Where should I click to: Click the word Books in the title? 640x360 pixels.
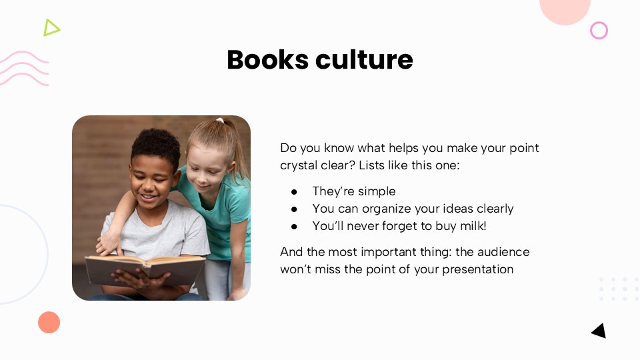pos(267,60)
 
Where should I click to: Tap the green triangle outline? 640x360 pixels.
pos(51,27)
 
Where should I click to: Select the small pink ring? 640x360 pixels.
pos(599,30)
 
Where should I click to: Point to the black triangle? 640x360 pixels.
pos(599,331)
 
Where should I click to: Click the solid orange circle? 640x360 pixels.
pos(49,322)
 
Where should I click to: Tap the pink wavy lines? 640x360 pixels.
pos(24,68)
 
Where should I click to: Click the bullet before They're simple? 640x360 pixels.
pos(294,191)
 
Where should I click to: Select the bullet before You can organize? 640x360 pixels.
pos(294,209)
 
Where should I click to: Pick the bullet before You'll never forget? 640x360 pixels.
pos(294,226)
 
